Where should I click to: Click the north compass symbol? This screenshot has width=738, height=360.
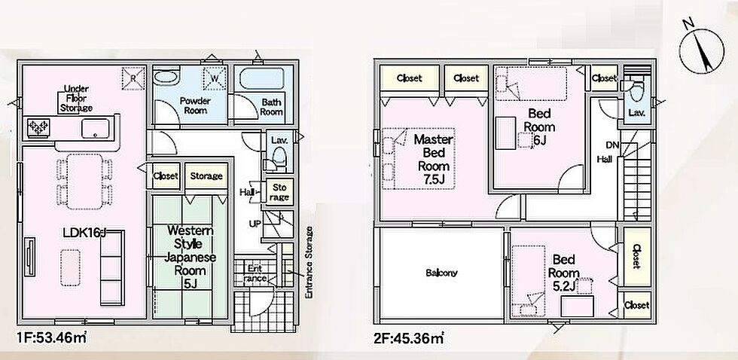click(701, 50)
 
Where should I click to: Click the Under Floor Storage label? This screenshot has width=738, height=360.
click(76, 99)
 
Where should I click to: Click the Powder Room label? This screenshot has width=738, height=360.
click(195, 105)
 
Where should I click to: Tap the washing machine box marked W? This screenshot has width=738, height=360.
click(215, 78)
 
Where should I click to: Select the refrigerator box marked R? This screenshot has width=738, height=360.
click(133, 78)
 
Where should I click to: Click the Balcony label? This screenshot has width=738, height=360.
click(441, 273)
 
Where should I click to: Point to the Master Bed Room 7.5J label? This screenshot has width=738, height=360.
click(434, 160)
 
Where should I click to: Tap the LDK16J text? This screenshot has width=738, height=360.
click(84, 233)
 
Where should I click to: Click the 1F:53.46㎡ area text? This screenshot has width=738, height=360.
click(52, 337)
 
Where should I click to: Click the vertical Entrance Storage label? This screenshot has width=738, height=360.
click(309, 262)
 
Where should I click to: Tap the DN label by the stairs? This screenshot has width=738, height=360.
click(612, 145)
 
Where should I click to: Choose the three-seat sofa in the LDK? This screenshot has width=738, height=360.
click(112, 268)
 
